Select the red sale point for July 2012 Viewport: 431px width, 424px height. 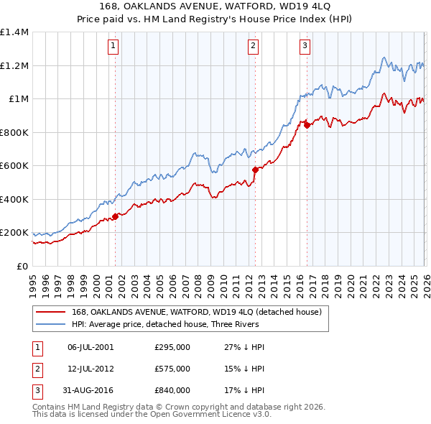pos(254,170)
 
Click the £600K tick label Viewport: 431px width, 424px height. pos(14,165)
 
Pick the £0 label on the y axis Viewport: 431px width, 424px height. pos(21,266)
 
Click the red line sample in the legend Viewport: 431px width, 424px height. pos(51,311)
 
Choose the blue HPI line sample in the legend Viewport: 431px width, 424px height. pos(51,324)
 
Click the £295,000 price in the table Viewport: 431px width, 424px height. pos(172,347)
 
